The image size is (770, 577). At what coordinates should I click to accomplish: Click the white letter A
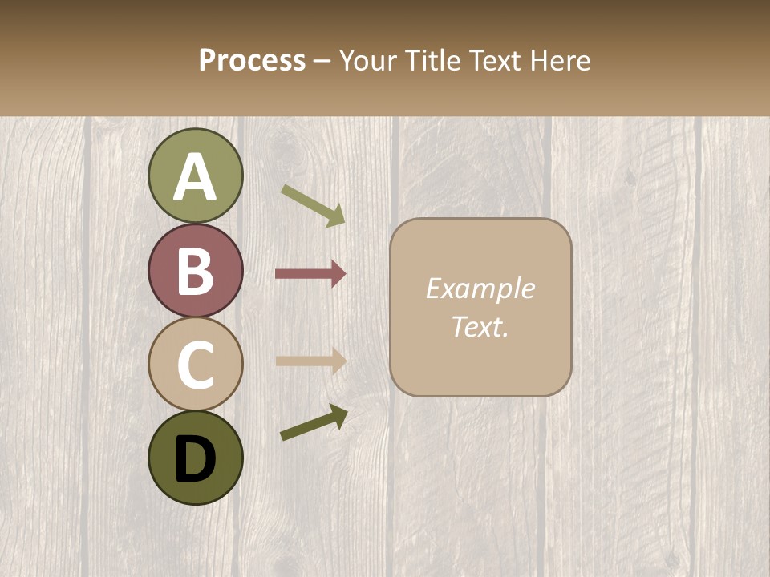195,177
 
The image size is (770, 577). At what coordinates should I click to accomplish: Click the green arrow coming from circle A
313,205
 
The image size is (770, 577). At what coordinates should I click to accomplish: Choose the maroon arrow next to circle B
310,273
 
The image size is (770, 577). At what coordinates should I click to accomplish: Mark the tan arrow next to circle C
310,361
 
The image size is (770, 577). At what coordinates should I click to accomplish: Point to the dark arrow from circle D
314,422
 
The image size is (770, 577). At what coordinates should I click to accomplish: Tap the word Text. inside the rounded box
480,327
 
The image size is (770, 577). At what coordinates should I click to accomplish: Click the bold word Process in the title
252,60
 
